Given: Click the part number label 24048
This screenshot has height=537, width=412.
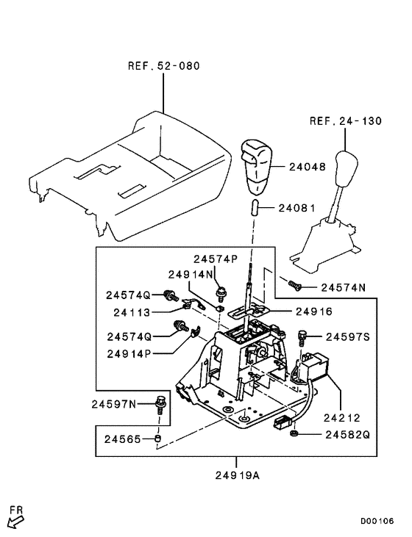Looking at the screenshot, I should [x=306, y=167].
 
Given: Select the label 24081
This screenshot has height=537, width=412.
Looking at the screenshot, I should [x=296, y=208].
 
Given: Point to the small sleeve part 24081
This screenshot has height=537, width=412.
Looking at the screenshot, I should [x=252, y=206].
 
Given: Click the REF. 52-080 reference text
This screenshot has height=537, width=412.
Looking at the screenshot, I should [x=163, y=65].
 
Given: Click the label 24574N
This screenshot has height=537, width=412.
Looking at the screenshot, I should [x=343, y=287].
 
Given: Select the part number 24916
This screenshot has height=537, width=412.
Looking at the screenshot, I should [x=314, y=311].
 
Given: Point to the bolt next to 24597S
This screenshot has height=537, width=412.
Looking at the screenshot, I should [x=302, y=336].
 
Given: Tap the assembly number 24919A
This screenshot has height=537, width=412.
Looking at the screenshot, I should [x=237, y=475].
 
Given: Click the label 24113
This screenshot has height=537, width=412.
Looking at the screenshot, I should [x=132, y=311].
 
